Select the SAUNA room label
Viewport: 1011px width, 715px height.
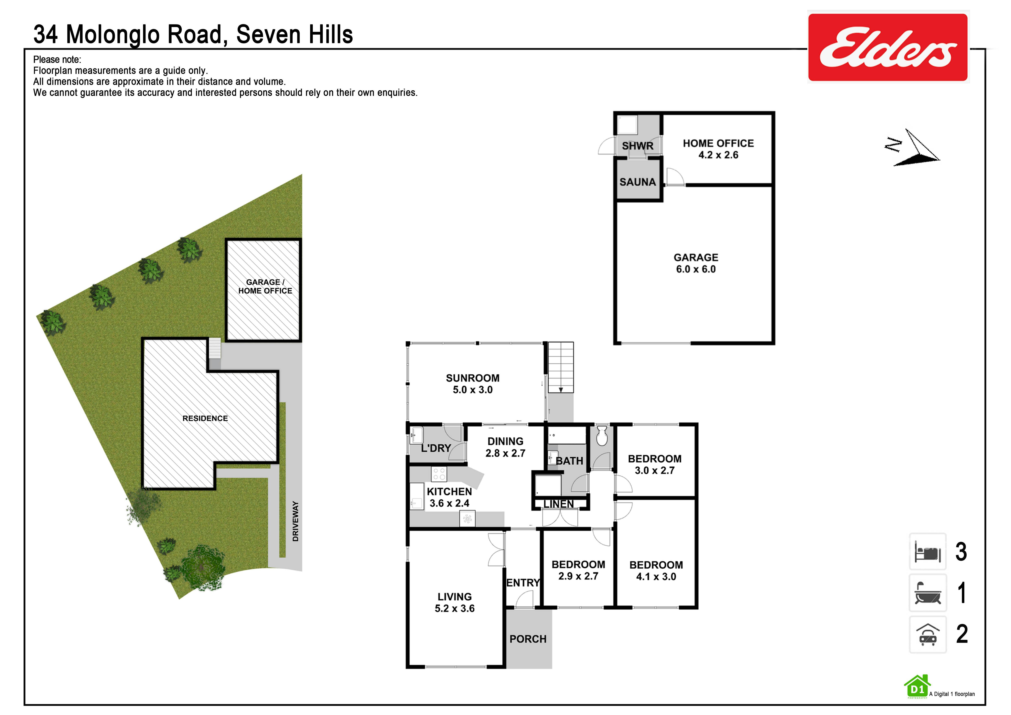tap(638, 182)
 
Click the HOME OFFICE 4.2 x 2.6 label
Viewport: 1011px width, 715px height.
tap(718, 149)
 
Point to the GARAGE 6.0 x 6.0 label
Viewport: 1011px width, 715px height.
tap(696, 263)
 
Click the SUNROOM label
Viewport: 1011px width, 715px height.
tap(472, 378)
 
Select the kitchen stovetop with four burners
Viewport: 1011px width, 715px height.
tap(439, 474)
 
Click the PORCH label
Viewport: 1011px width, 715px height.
tap(528, 639)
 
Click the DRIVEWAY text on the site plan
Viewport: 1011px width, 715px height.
tap(295, 521)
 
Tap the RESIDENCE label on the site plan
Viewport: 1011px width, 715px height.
tap(205, 418)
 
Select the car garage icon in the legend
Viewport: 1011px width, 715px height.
tap(928, 634)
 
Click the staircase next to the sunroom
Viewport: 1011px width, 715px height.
tap(561, 367)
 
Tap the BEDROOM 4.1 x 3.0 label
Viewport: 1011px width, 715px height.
tap(656, 570)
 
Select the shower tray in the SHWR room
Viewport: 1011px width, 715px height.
tap(627, 125)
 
